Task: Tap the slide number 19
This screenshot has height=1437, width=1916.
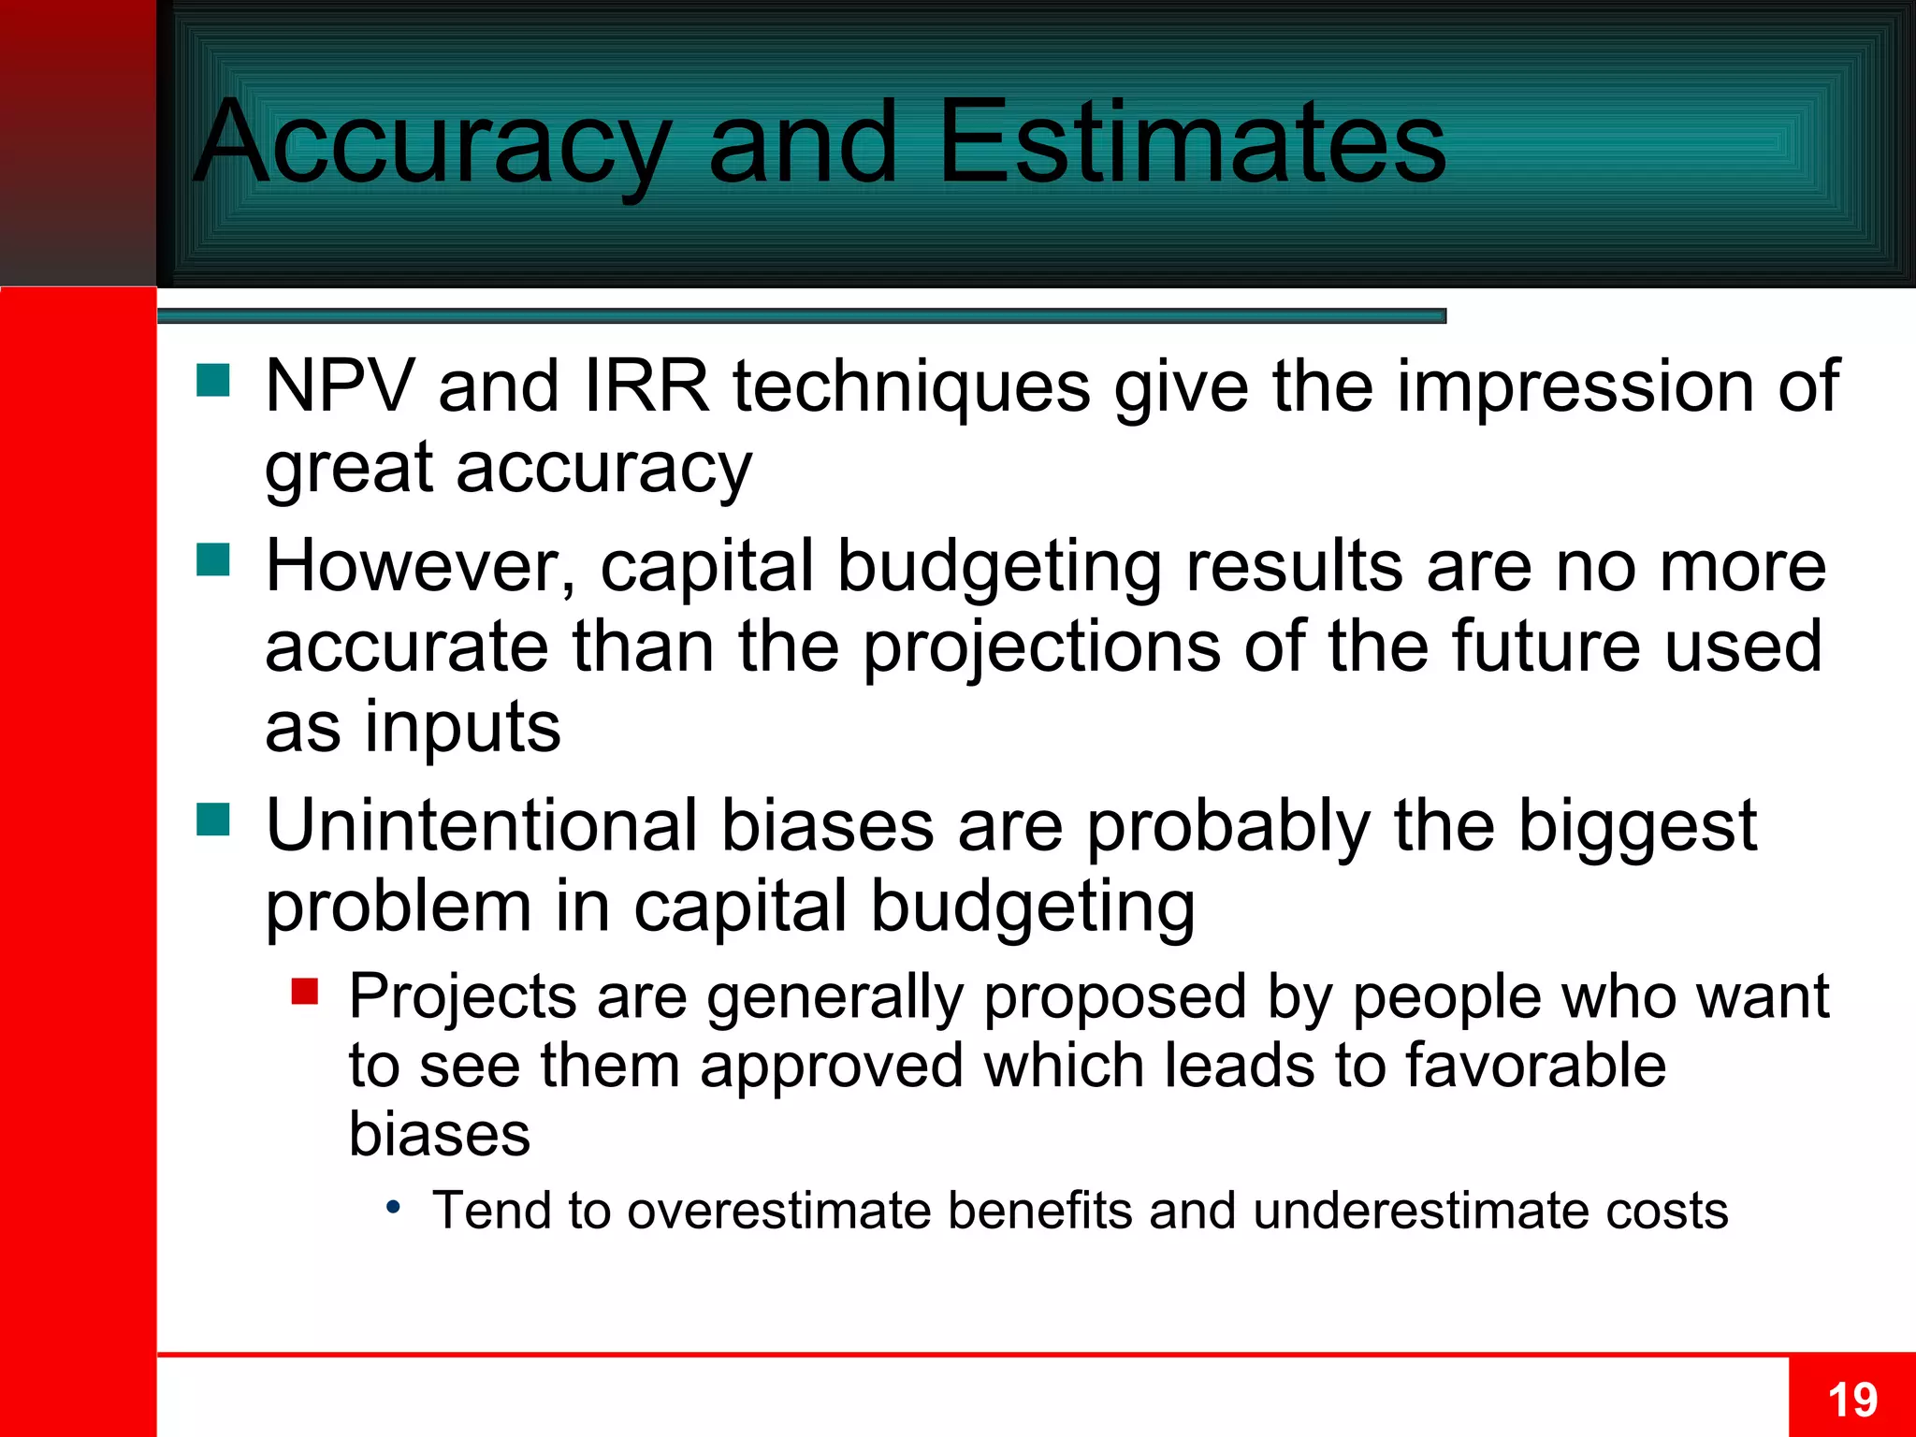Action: pyautogui.click(x=1852, y=1400)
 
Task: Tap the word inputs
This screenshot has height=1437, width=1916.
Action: pyautogui.click(x=462, y=728)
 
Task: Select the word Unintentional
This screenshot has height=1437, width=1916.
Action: pyautogui.click(x=482, y=826)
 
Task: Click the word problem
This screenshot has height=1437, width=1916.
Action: pyautogui.click(x=399, y=907)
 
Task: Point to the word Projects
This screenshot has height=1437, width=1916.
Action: pyautogui.click(x=462, y=996)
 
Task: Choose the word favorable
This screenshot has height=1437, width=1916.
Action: pyautogui.click(x=1535, y=1066)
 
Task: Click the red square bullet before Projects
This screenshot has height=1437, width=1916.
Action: pyautogui.click(x=305, y=991)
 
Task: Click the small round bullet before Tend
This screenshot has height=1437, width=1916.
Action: pyautogui.click(x=394, y=1207)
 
